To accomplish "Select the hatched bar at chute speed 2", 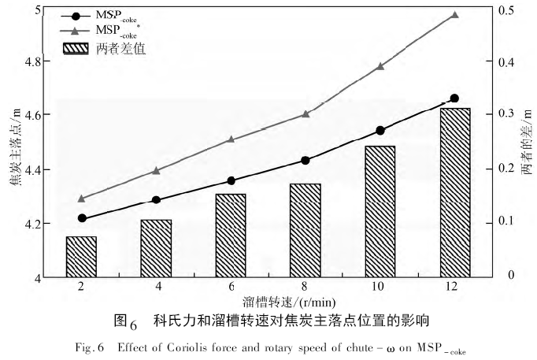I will [81, 257].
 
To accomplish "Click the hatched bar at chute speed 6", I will [230, 236].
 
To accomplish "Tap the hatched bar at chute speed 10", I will [379, 212].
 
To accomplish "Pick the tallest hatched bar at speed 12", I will [454, 193].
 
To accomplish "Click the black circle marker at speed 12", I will [454, 98].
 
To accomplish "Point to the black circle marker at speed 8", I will [305, 161].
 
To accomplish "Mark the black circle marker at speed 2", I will [82, 218].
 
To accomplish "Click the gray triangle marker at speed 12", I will [454, 15].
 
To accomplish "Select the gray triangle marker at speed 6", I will [231, 139].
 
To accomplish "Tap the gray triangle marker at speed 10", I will [380, 66].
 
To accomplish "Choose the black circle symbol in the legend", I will [76, 15].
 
